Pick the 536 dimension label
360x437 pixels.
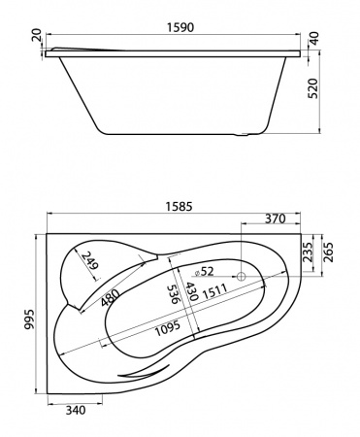tap(175, 294)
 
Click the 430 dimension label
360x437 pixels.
tap(194, 291)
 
